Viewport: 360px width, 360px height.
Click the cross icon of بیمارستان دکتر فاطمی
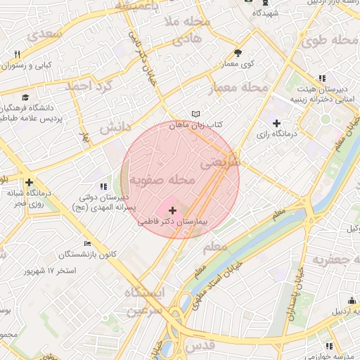[x=173, y=210]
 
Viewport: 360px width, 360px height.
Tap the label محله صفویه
[x=161, y=181]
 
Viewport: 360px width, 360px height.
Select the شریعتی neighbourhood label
[x=220, y=162]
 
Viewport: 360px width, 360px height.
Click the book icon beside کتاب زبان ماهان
[x=196, y=114]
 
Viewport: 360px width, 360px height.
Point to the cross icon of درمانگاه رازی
[x=276, y=123]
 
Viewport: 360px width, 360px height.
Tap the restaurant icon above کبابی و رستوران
[x=17, y=54]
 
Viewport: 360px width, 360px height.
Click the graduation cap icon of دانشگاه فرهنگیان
[x=26, y=97]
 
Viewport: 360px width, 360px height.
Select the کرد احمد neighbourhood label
[x=89, y=86]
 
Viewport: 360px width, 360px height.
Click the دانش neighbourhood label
[x=116, y=129]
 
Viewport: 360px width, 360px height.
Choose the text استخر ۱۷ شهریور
[x=50, y=271]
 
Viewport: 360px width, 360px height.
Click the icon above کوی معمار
[x=238, y=53]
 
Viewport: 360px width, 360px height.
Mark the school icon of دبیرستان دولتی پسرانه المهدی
[x=104, y=186]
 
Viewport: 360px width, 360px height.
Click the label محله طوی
[x=330, y=41]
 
